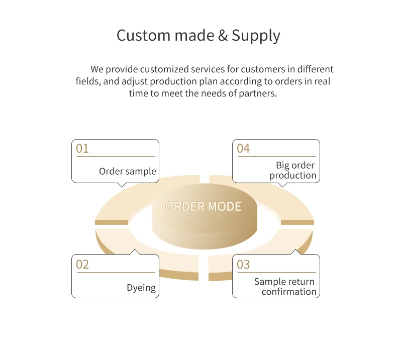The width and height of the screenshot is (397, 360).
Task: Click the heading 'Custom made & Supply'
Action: [x=198, y=36]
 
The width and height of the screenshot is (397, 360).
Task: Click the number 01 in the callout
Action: [x=82, y=149]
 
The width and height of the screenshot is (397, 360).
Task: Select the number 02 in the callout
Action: [x=82, y=265]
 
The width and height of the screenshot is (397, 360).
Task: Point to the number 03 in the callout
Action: [x=243, y=265]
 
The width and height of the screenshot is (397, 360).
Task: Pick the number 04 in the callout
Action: [x=243, y=149]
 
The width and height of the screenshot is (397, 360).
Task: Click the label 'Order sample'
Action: [x=128, y=171]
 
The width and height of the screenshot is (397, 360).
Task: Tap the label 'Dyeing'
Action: [x=141, y=288]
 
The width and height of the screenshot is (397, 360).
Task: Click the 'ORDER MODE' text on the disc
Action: [x=203, y=206]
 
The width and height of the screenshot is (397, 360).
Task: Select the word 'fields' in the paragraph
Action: [x=87, y=81]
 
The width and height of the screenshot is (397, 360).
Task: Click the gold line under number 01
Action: [x=116, y=157]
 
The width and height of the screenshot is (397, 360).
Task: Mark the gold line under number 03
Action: [x=276, y=273]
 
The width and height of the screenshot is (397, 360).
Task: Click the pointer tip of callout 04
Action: [x=282, y=186]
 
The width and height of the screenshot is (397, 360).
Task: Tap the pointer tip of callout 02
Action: [x=134, y=251]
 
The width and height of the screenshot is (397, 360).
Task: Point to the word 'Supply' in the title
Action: [x=256, y=36]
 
